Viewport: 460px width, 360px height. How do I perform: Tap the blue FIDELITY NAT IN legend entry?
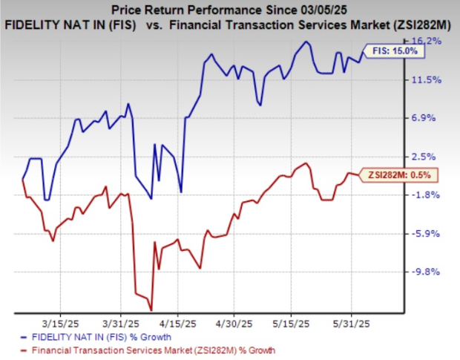click(x=105, y=337)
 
